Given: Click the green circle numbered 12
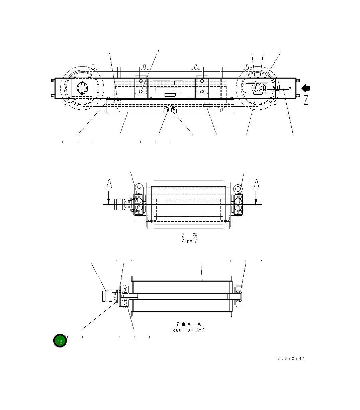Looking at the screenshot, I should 60,341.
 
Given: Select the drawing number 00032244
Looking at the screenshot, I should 291,358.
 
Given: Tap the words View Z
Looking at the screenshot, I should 189,241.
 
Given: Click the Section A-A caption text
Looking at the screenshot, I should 189,330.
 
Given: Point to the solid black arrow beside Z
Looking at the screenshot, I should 306,88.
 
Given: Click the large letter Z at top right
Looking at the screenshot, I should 306,100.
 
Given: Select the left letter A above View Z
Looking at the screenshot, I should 109,184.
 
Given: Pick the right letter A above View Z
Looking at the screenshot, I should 256,184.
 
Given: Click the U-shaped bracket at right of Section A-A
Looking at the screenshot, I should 238,296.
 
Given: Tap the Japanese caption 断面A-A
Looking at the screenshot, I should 189,324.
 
